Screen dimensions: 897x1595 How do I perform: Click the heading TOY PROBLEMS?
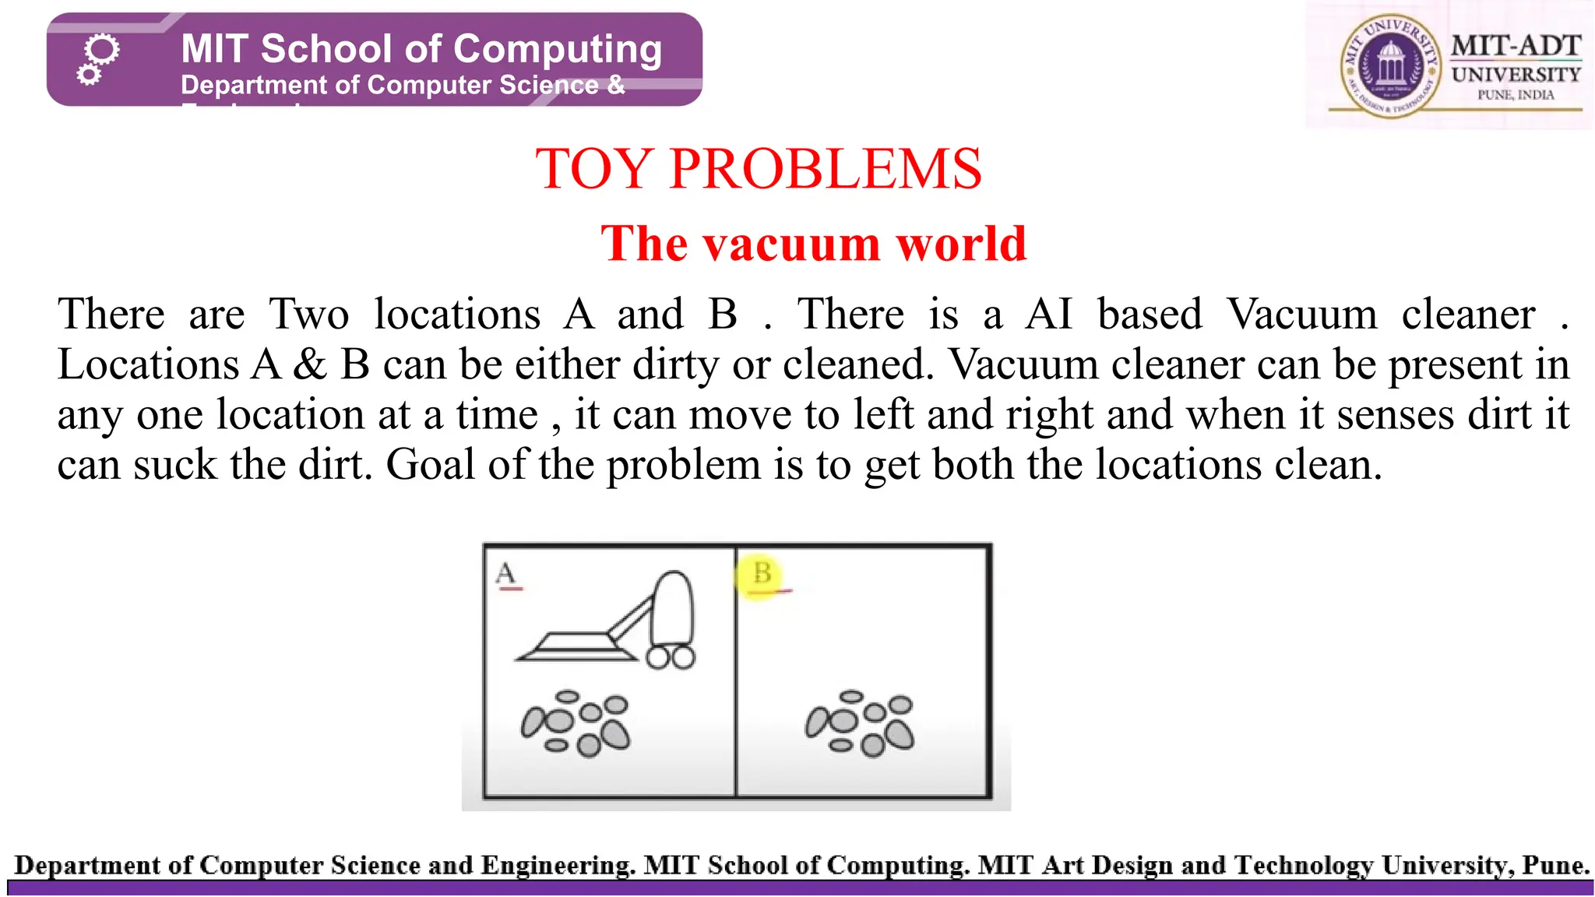point(759,169)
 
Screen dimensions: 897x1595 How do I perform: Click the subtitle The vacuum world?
point(814,243)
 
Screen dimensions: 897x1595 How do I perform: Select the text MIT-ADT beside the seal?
point(1516,46)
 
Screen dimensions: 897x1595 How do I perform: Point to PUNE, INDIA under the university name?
point(1516,95)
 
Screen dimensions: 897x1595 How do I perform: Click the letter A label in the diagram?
point(505,573)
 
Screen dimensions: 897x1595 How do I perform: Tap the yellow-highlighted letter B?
point(762,574)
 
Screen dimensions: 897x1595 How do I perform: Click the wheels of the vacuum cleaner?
point(671,658)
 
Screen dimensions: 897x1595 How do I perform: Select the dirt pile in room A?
point(576,723)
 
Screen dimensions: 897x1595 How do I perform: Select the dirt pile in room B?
point(860,723)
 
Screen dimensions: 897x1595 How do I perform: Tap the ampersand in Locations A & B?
point(309,364)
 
